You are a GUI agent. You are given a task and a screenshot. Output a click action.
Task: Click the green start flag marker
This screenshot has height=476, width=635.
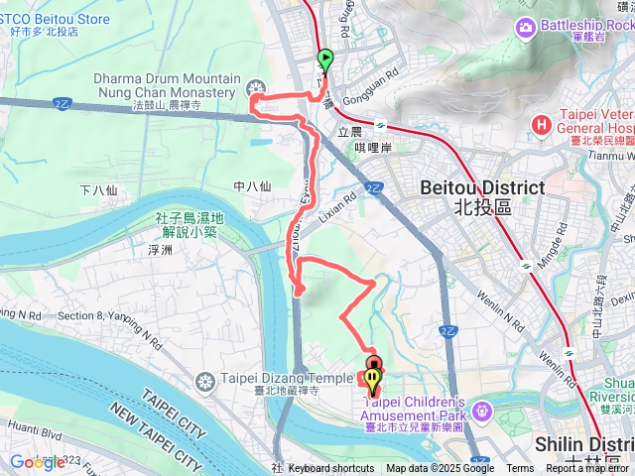(324, 59)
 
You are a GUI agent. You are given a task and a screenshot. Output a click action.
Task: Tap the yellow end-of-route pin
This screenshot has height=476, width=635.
(372, 379)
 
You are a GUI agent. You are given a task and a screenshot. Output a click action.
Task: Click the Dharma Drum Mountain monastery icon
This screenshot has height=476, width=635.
(257, 86)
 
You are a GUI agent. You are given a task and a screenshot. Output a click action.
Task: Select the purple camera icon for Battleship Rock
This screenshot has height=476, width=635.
(524, 27)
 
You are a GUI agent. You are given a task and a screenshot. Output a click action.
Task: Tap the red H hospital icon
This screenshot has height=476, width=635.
(542, 125)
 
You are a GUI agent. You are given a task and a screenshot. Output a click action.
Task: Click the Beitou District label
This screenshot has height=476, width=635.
(482, 187)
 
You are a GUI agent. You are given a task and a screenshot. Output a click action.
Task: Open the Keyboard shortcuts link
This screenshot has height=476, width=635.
(331, 469)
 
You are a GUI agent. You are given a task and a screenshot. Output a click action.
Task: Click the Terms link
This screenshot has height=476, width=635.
(520, 469)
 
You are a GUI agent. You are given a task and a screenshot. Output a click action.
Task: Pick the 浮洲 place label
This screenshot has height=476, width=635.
(159, 250)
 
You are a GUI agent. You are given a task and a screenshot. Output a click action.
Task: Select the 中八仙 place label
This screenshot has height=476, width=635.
(252, 185)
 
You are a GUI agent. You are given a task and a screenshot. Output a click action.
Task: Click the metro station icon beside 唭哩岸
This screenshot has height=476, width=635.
(380, 127)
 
